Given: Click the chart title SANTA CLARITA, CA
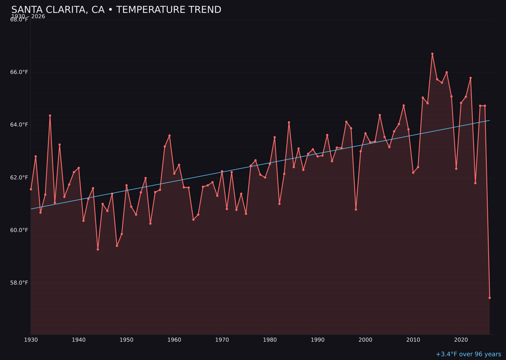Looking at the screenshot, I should [x=116, y=10].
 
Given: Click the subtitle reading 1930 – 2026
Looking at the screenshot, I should [x=28, y=16].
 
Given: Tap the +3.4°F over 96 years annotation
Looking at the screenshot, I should [x=468, y=354].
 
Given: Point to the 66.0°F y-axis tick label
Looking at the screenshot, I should [x=19, y=72].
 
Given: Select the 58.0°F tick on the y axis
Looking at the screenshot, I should [x=19, y=283].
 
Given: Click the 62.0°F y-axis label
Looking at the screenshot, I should [x=19, y=178].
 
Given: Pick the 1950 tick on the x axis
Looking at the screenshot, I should [x=126, y=340].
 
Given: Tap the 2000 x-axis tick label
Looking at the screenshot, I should [x=365, y=340].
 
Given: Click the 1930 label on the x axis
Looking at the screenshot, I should [x=31, y=340].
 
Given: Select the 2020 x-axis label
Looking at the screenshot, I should [x=461, y=340].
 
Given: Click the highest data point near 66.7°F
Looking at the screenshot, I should [x=432, y=54].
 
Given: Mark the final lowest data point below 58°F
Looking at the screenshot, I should [x=490, y=298].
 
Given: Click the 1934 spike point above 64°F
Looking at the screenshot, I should [x=50, y=116].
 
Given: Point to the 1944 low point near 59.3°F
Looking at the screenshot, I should [x=98, y=249].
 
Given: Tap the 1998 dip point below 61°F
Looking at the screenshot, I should [x=356, y=210].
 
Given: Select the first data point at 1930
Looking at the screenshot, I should [x=31, y=189].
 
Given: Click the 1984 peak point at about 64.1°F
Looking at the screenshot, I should [x=289, y=122].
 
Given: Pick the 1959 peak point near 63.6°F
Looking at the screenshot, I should [x=170, y=135].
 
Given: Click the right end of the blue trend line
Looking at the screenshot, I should [x=490, y=120].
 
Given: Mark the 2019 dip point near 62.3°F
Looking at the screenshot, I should [x=456, y=169].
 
